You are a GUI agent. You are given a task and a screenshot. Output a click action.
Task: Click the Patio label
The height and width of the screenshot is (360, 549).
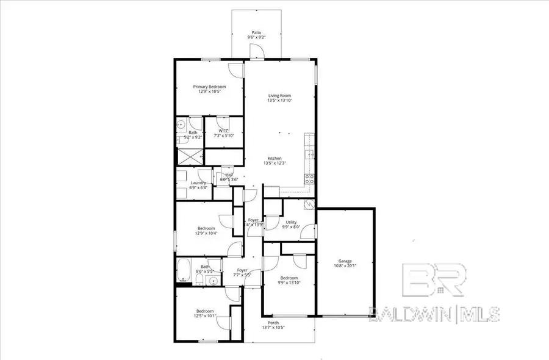[257, 32]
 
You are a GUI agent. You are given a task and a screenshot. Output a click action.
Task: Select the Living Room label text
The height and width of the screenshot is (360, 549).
[279, 95]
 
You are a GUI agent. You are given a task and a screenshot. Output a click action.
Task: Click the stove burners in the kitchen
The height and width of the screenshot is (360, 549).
[309, 179]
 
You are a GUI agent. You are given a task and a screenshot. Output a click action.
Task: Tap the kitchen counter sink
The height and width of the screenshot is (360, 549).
[309, 154]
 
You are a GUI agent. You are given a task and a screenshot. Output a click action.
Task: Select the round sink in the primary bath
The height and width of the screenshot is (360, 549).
[182, 125]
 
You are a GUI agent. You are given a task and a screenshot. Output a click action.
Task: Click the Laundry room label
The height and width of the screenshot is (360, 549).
[198, 182]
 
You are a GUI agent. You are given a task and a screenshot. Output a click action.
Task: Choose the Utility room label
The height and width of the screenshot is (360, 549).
[291, 222]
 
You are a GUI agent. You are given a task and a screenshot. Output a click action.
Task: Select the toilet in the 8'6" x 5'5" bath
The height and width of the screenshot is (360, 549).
[199, 280]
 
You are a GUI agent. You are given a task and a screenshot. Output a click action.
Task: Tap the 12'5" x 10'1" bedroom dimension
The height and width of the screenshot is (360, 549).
[204, 316]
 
